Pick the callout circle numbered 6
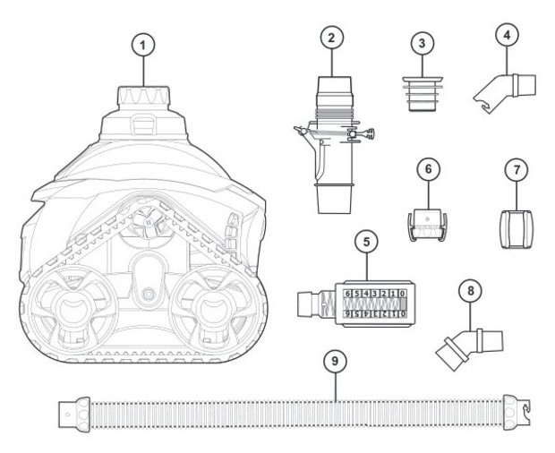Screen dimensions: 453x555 coord(427,167)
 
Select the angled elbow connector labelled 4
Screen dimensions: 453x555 coord(506,89)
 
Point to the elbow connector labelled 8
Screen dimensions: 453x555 coord(464,345)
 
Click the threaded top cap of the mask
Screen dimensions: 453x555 coord(142,96)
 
